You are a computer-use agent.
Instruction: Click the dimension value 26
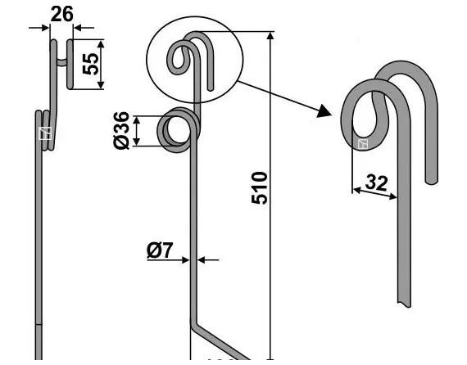pos(61,14)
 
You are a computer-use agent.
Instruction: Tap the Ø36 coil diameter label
pos(120,131)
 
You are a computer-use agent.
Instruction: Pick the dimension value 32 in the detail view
pos(376,182)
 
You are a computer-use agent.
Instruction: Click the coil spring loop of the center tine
pos(175,130)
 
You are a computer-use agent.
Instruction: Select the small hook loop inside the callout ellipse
pos(179,57)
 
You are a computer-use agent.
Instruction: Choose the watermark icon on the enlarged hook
pos(363,145)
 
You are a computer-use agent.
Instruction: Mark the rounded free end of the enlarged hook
pos(431,175)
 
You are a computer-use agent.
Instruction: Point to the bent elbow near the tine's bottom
pos(196,327)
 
